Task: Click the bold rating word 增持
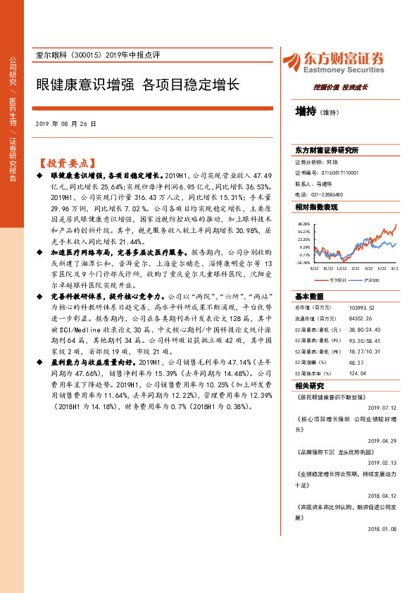point(306,111)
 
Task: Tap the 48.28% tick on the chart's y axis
point(304,223)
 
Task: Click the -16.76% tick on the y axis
point(303,262)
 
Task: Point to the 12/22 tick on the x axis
point(341,268)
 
